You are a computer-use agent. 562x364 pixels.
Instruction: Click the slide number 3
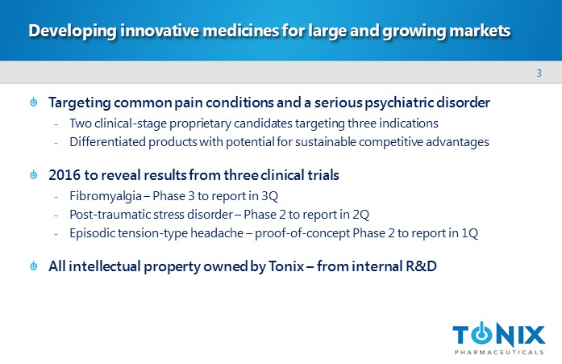pos(539,73)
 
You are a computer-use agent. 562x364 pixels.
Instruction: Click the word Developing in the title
pos(73,31)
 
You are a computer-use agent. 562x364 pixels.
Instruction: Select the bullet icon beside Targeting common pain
pos(34,102)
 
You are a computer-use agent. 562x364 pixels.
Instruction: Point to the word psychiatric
pos(398,103)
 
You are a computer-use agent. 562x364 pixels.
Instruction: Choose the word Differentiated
pos(107,142)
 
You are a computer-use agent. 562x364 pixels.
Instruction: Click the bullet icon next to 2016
pos(34,174)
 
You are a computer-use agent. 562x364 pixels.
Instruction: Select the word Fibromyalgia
pos(106,196)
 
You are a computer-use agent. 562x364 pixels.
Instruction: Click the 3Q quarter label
pos(269,196)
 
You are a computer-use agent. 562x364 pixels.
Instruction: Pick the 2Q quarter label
pos(360,215)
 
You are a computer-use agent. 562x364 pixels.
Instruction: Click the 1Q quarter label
pos(469,233)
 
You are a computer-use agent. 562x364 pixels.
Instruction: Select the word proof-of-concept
pos(302,233)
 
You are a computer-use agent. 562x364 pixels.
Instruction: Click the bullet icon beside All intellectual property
pos(34,266)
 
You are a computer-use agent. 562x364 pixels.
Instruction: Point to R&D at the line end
pos(421,266)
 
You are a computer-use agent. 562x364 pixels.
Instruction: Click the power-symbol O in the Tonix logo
pos(482,334)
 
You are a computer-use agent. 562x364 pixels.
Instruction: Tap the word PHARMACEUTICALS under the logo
pos(499,352)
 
